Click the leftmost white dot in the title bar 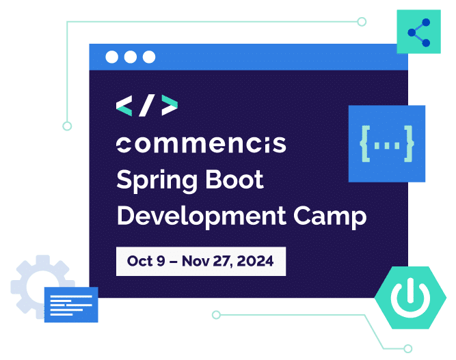(x=111, y=57)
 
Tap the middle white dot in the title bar (x=131, y=57)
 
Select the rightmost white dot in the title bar (x=149, y=57)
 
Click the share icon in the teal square (x=419, y=32)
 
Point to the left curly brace (x=364, y=143)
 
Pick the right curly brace (x=410, y=143)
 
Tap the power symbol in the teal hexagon (x=410, y=297)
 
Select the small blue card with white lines (x=71, y=305)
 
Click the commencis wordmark (x=201, y=144)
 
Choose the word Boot (x=234, y=179)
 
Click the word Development (x=202, y=217)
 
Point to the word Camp (x=330, y=217)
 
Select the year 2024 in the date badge (x=255, y=261)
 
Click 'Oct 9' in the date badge (x=146, y=261)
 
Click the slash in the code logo (x=146, y=105)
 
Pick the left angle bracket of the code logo (x=124, y=105)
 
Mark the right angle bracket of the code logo (x=170, y=105)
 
